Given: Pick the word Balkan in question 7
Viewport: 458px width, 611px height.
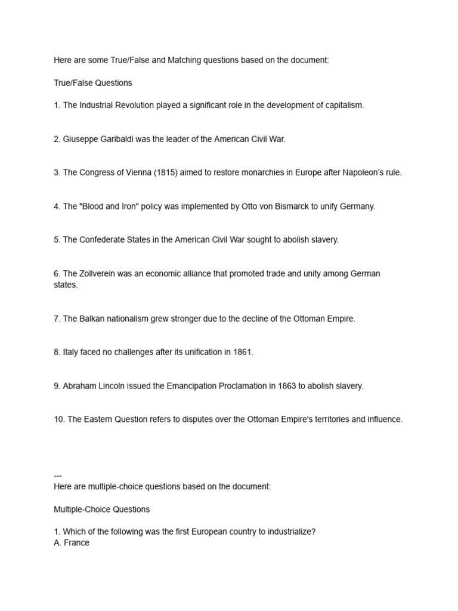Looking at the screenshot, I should click(x=92, y=319).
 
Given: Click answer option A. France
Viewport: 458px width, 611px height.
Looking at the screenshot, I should click(x=72, y=543).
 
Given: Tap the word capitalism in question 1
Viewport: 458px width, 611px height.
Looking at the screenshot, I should click(x=342, y=105).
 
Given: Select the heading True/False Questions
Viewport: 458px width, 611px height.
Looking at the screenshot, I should click(x=93, y=83).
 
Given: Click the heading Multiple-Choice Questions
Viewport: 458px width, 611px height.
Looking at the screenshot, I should click(x=102, y=510).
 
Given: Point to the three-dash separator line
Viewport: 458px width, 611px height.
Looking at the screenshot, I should click(x=58, y=476).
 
